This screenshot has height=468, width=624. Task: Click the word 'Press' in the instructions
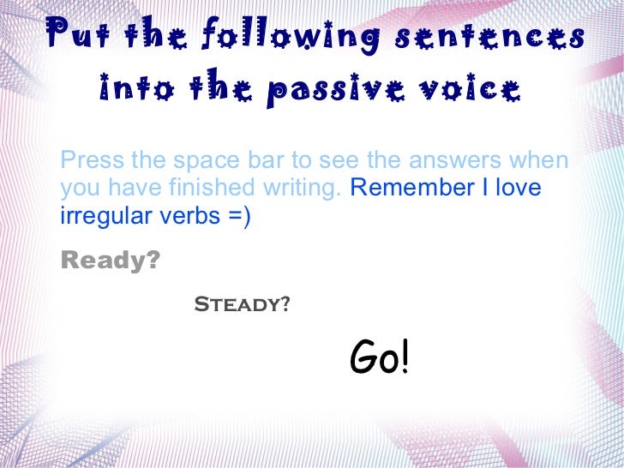90,160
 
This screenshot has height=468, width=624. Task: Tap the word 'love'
521,188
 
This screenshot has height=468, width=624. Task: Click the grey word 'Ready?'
111,260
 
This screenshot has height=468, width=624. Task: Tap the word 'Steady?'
242,304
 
